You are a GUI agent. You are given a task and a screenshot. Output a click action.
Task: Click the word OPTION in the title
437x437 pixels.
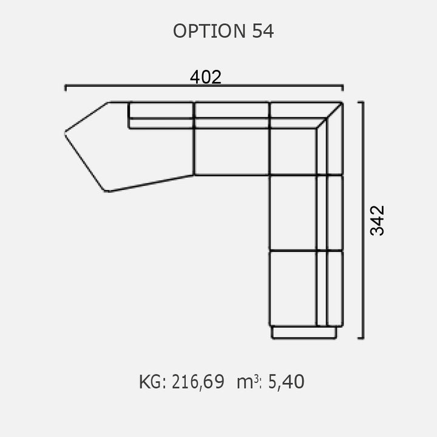(209, 31)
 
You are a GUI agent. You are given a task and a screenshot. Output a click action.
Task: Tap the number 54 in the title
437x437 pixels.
(263, 31)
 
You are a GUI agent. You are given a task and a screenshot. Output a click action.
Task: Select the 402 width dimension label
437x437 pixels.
(206, 77)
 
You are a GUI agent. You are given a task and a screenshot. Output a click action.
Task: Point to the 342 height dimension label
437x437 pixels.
(377, 220)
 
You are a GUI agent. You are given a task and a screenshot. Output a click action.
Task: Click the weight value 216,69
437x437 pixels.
(198, 382)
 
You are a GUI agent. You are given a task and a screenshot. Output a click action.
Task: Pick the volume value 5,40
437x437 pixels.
(286, 382)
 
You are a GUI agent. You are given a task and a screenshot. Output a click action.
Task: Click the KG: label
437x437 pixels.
(152, 382)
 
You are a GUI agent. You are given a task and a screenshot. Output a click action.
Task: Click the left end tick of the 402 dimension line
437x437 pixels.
(66, 87)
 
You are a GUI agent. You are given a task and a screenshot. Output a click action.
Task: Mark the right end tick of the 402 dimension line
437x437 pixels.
(342, 87)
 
